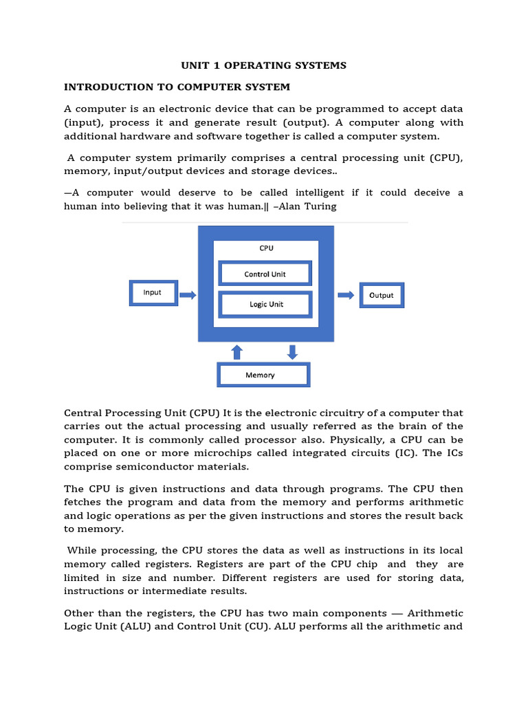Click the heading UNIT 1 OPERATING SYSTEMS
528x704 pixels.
(x=264, y=65)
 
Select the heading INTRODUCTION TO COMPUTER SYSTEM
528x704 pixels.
(x=177, y=87)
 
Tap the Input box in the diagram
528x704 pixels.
(x=153, y=293)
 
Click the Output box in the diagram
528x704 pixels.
(x=382, y=296)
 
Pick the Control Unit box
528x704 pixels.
(x=265, y=274)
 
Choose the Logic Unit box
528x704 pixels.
(x=266, y=305)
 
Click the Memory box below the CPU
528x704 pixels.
(x=263, y=375)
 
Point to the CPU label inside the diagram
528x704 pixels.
(x=266, y=248)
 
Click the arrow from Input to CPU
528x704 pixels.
(x=187, y=296)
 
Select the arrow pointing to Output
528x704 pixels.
(x=346, y=296)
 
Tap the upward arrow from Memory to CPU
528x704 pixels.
(x=237, y=352)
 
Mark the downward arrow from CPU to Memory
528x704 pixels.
(x=292, y=352)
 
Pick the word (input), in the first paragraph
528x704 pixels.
(x=85, y=122)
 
